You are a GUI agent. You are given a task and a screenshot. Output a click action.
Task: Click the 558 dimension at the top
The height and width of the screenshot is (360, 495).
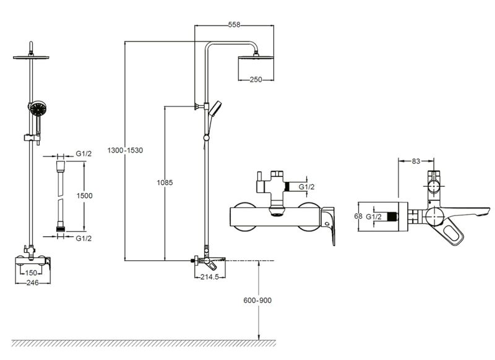(234, 25)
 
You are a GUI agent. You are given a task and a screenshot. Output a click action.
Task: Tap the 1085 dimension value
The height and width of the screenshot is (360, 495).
(165, 183)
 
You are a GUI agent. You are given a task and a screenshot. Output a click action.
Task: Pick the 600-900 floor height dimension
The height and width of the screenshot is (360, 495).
(258, 300)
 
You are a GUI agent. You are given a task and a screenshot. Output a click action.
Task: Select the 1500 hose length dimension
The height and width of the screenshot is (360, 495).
(84, 195)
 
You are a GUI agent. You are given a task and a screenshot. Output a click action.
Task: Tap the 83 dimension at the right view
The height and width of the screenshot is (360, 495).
(415, 161)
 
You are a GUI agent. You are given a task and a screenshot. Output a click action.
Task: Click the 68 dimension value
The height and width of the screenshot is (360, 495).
(358, 216)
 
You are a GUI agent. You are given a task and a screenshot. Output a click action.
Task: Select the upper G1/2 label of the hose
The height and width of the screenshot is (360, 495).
(84, 153)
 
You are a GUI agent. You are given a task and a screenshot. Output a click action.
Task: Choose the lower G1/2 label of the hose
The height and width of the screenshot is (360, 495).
(84, 238)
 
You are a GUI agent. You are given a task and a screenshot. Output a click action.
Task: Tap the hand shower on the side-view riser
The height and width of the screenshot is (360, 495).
(214, 110)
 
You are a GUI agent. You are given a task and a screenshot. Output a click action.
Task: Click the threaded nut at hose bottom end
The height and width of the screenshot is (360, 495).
(61, 229)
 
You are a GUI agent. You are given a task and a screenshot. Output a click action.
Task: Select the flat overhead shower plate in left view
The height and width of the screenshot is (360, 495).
(30, 58)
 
